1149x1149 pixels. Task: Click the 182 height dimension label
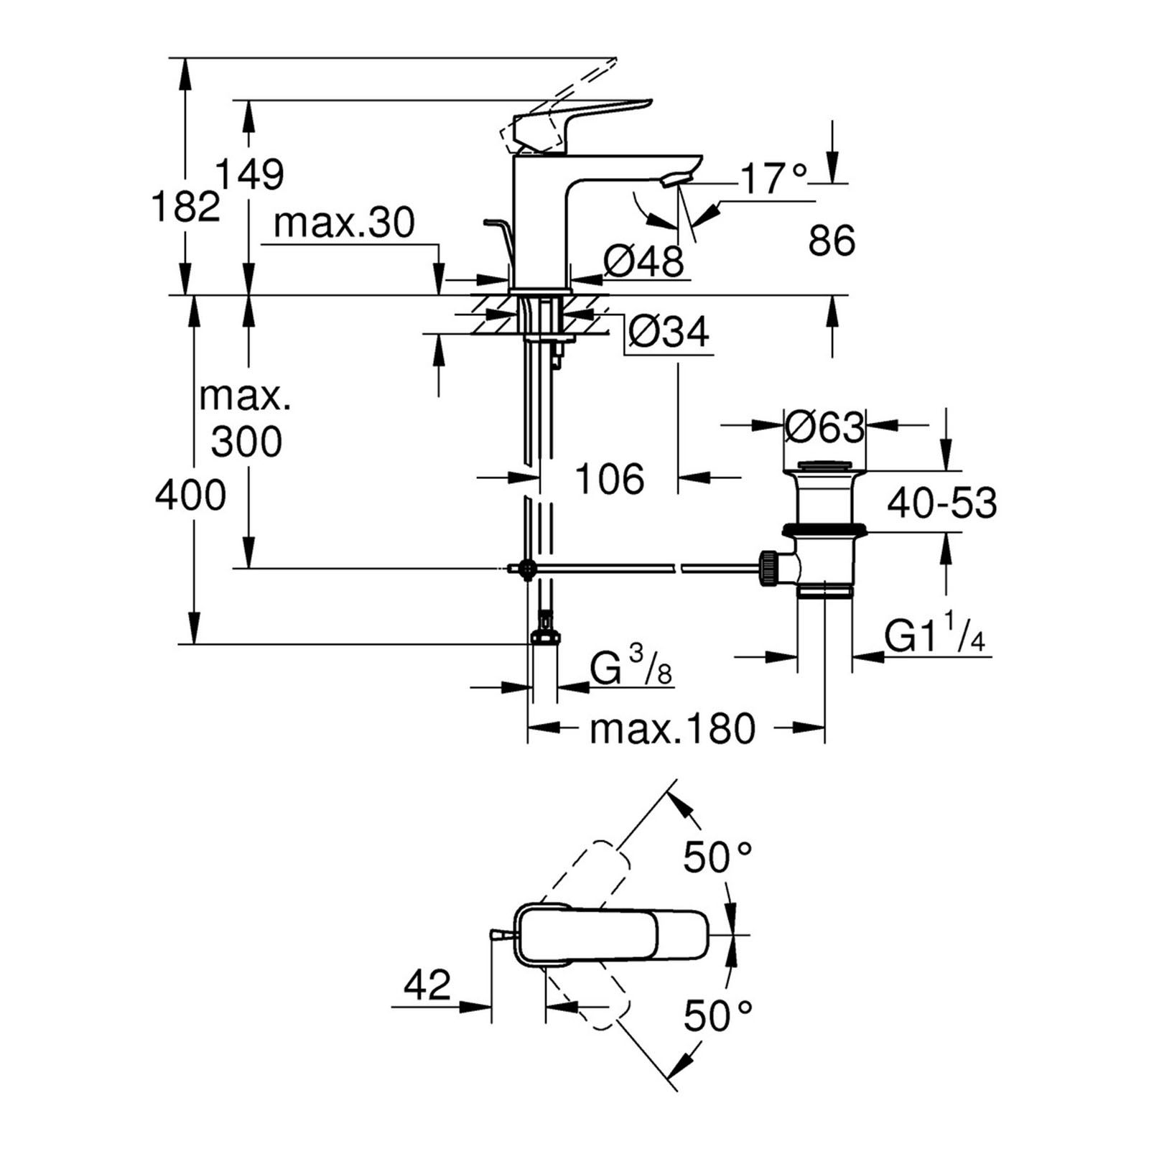[185, 207]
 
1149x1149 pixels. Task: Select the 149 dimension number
[250, 174]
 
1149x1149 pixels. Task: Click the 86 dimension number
[832, 241]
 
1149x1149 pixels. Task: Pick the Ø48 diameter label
[643, 261]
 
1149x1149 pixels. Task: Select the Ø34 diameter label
[669, 331]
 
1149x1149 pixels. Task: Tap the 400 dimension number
[190, 496]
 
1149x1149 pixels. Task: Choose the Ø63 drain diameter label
[824, 428]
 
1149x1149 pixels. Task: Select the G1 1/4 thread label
[934, 636]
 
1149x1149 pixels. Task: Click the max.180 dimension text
[672, 729]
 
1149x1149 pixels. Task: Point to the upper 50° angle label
[717, 857]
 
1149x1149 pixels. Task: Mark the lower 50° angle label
[717, 1015]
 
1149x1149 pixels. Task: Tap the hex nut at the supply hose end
[546, 636]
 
